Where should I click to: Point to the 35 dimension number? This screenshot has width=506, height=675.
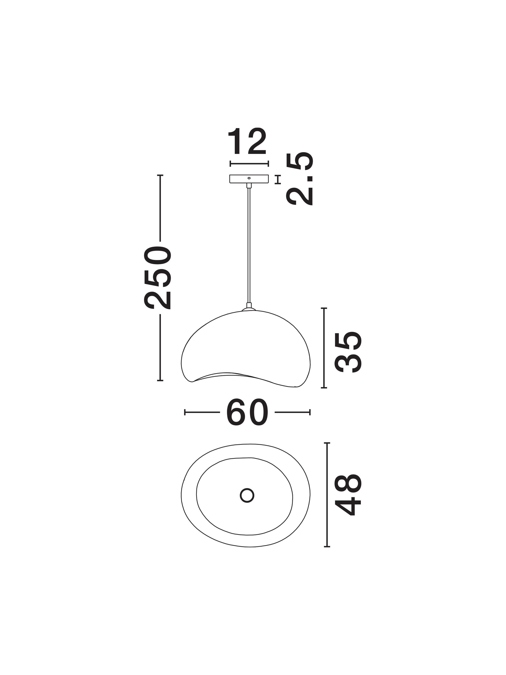(x=348, y=352)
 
